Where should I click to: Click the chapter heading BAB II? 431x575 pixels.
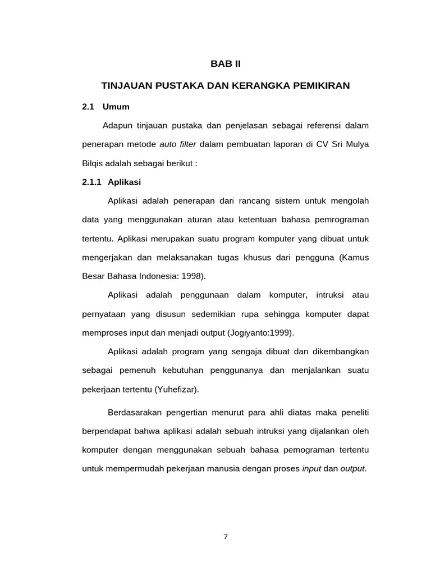pyautogui.click(x=225, y=64)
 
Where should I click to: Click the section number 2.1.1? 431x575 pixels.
pyautogui.click(x=91, y=182)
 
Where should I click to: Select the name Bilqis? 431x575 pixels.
pyautogui.click(x=93, y=163)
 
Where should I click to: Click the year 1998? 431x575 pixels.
pyautogui.click(x=192, y=276)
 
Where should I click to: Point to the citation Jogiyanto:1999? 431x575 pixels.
pyautogui.click(x=260, y=333)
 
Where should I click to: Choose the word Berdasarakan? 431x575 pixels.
pyautogui.click(x=135, y=413)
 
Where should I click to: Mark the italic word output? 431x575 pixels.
pyautogui.click(x=352, y=469)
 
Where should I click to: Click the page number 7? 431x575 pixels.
pyautogui.click(x=226, y=537)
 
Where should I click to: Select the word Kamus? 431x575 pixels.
pyautogui.click(x=355, y=257)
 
